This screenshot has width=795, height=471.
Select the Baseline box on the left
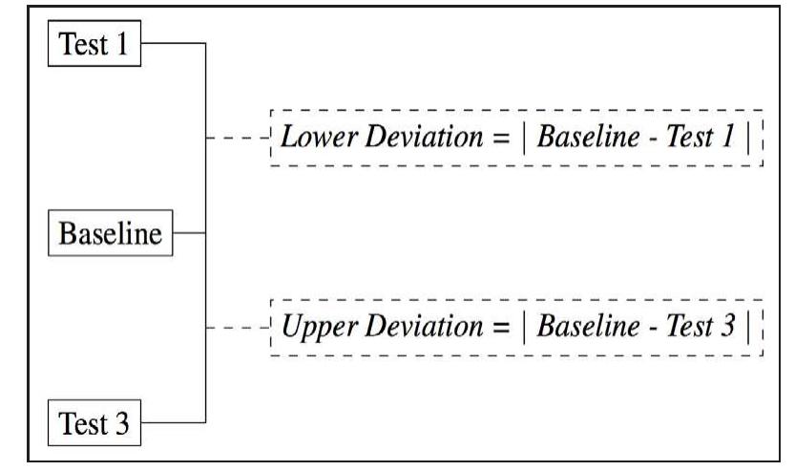click(x=111, y=232)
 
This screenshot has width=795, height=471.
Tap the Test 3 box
click(x=94, y=421)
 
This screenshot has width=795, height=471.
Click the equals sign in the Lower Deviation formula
click(x=500, y=139)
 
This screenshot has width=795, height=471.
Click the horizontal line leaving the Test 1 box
click(x=172, y=43)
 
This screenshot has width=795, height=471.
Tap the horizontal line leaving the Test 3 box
click(x=172, y=420)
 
